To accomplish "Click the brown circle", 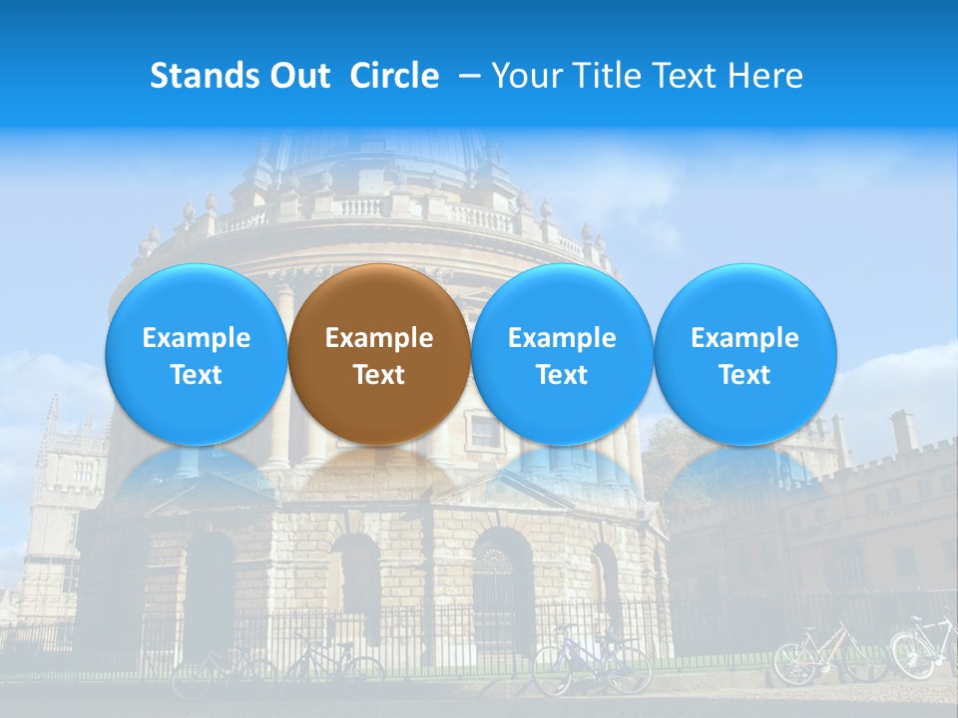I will pos(378,355).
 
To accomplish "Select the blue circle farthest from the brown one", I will pos(744,355).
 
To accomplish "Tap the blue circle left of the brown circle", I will pos(196,355).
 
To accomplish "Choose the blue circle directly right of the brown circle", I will pos(562,355).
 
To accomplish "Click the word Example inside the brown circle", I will pos(378,338).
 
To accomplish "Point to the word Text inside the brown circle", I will pos(378,375).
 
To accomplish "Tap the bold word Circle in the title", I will pos(394,76).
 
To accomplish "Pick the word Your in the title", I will pos(522,76).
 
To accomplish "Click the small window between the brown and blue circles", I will pos(483,431).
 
